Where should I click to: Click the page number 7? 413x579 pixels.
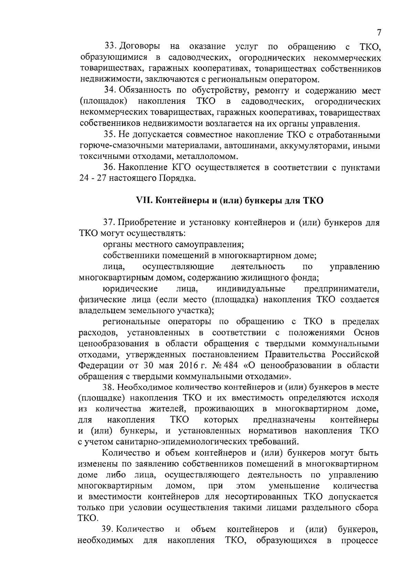pyautogui.click(x=379, y=33)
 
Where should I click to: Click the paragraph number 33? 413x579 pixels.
pyautogui.click(x=109, y=46)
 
